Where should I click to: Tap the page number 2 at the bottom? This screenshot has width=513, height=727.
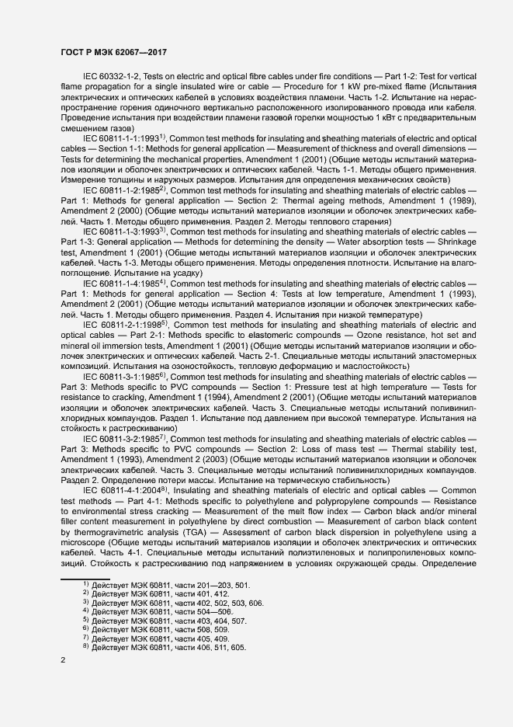[64, 660]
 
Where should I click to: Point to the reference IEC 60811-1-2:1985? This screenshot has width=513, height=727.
[123, 190]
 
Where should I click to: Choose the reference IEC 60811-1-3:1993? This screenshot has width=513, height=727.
[123, 231]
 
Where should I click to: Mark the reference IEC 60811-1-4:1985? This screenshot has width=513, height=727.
[123, 283]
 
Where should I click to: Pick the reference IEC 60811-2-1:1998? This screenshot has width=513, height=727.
[123, 325]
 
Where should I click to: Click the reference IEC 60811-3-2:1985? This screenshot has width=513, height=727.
[123, 439]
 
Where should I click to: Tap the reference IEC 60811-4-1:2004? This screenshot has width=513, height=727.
[123, 491]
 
